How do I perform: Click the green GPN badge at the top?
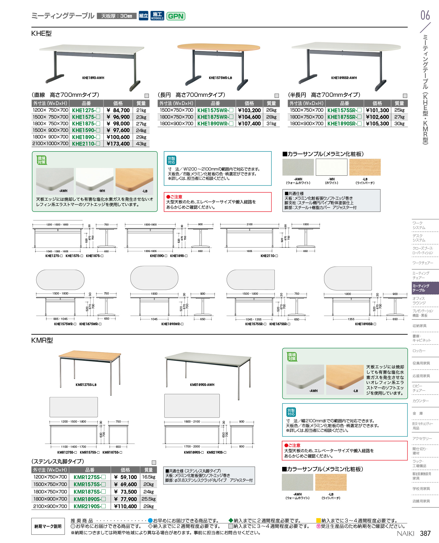(176, 16)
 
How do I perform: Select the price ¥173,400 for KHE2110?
(118, 144)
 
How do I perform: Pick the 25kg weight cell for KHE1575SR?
(399, 110)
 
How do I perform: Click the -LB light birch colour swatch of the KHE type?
(365, 167)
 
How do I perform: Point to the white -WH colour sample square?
(332, 167)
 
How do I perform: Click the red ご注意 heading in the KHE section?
(174, 197)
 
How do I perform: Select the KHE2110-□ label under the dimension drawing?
(269, 256)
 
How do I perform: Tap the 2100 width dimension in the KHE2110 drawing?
(249, 224)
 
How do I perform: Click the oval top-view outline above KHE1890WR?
(154, 278)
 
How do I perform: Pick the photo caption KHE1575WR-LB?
(220, 78)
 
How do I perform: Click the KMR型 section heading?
(42, 340)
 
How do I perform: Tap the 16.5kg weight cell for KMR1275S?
(149, 477)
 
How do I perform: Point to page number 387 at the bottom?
(425, 533)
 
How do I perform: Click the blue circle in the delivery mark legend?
(150, 520)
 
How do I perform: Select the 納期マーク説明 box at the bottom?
(48, 526)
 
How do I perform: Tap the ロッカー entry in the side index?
(419, 351)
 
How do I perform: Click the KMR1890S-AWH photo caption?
(202, 385)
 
